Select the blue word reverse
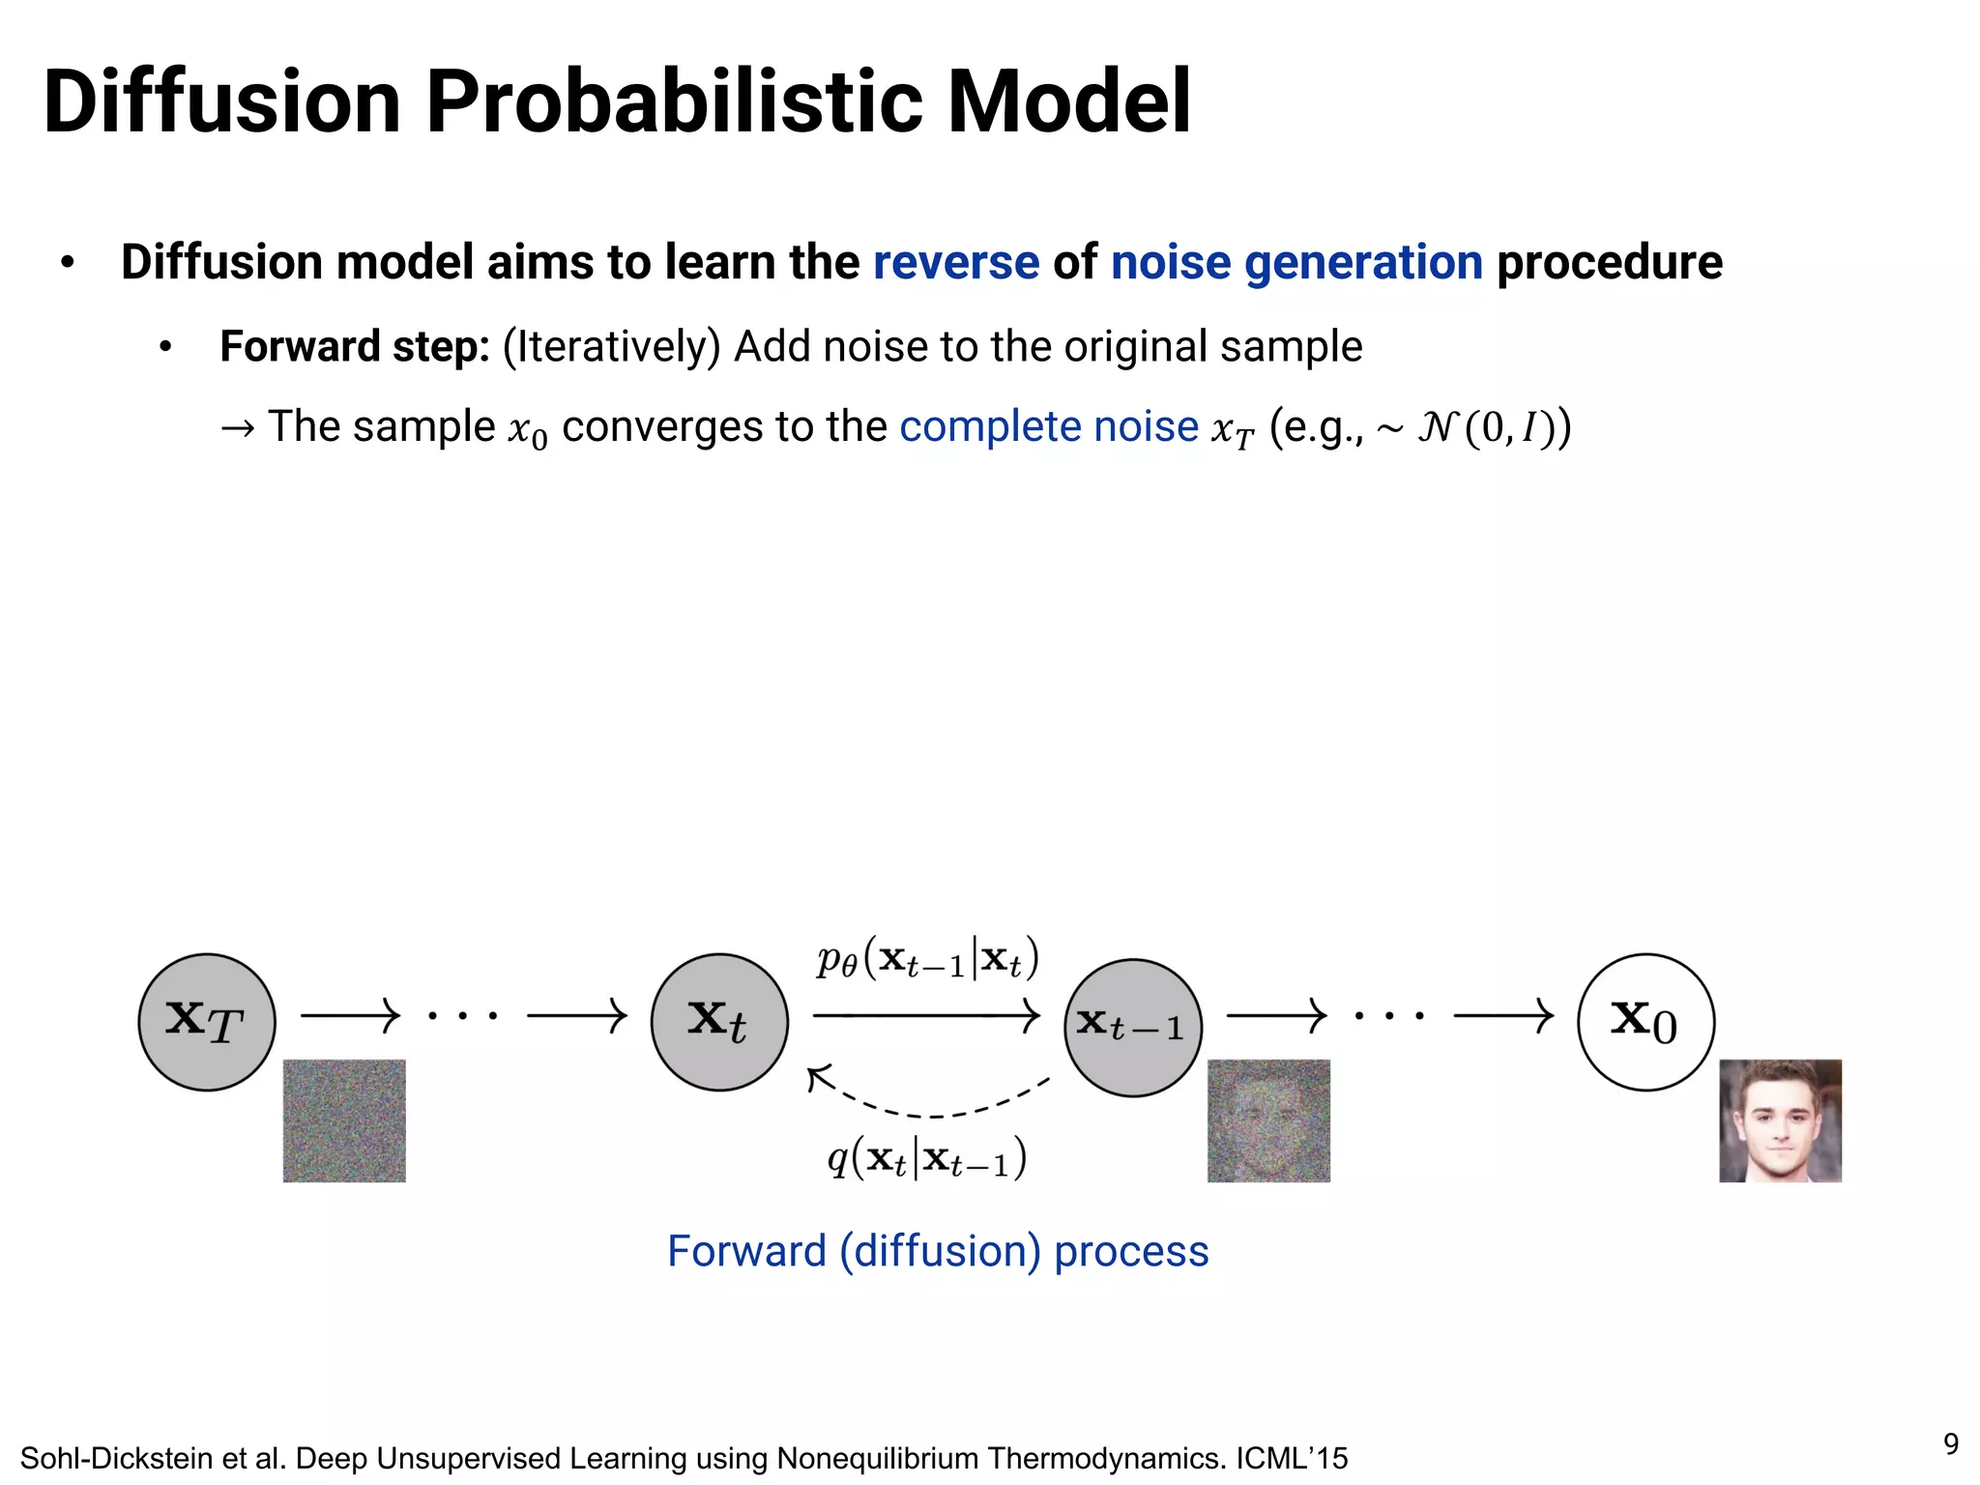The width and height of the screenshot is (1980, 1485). click(955, 263)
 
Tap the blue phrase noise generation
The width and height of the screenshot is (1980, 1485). click(1296, 263)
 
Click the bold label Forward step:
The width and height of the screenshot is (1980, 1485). click(355, 346)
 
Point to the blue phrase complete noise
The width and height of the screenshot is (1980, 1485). click(1048, 426)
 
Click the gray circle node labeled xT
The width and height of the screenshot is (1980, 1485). click(207, 1022)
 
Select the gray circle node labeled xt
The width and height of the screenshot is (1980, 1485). click(719, 1022)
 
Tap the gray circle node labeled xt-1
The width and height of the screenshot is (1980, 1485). click(1132, 1027)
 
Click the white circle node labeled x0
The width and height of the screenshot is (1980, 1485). click(1645, 1022)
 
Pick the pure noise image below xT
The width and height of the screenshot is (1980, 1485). click(344, 1121)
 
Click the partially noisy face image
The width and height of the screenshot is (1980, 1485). click(1268, 1121)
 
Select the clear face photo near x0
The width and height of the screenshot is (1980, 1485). click(1780, 1121)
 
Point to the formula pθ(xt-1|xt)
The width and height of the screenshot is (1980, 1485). click(927, 960)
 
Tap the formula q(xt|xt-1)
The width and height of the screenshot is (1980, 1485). click(926, 1158)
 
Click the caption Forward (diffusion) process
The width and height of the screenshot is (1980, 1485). click(938, 1251)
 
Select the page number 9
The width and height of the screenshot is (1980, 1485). click(1951, 1443)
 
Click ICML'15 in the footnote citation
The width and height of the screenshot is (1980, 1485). click(1291, 1458)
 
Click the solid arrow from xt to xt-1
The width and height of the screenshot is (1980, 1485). click(926, 1015)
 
